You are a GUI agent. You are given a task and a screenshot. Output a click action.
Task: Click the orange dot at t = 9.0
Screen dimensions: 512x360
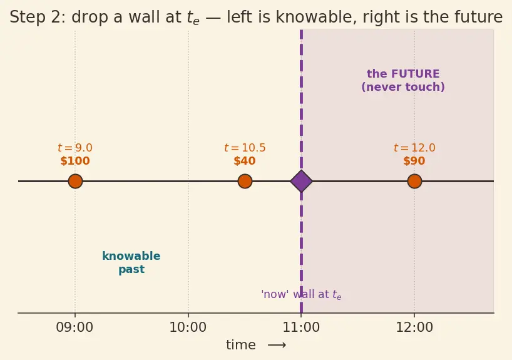tap(75, 181)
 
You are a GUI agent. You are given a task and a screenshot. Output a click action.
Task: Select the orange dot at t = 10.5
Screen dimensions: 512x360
tap(245, 181)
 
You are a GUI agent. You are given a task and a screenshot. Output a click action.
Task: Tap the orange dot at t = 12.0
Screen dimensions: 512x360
tap(414, 181)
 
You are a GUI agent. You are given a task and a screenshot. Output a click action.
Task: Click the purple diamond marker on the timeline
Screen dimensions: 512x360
tap(301, 181)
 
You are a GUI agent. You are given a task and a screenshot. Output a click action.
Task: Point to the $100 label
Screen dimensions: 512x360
tap(75, 161)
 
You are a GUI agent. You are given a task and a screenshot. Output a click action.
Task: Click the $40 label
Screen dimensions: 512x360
tap(245, 161)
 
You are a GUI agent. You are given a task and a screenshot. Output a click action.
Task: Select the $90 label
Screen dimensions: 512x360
tap(414, 161)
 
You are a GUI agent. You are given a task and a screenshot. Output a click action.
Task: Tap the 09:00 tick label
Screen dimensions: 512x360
tap(74, 327)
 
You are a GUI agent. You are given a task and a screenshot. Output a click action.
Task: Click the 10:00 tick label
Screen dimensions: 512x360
tap(188, 327)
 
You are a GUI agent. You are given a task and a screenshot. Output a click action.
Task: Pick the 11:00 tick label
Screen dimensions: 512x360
tap(301, 327)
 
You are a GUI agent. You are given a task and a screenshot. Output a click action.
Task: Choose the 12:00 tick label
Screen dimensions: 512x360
tap(414, 327)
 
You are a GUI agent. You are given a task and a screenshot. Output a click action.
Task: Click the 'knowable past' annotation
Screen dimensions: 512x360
tap(131, 262)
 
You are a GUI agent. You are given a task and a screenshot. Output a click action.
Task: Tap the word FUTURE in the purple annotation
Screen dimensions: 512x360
tap(416, 74)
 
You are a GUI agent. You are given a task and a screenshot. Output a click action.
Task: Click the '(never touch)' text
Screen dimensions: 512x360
tap(403, 87)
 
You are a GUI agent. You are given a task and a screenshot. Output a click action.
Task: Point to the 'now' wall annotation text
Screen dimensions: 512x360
tap(301, 294)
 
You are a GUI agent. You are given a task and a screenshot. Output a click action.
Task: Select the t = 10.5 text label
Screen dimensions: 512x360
tap(245, 148)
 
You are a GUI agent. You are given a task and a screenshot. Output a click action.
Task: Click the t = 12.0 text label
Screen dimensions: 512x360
tap(414, 148)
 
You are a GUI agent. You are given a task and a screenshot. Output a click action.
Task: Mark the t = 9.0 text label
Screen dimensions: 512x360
tap(75, 148)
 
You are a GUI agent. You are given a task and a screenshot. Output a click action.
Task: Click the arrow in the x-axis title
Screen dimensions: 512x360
tap(277, 345)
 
